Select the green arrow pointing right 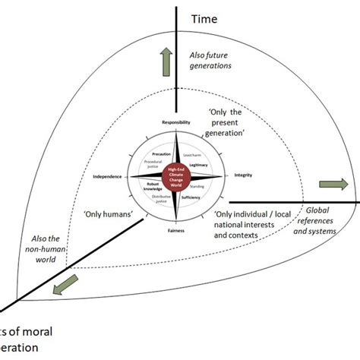point(331,184)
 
